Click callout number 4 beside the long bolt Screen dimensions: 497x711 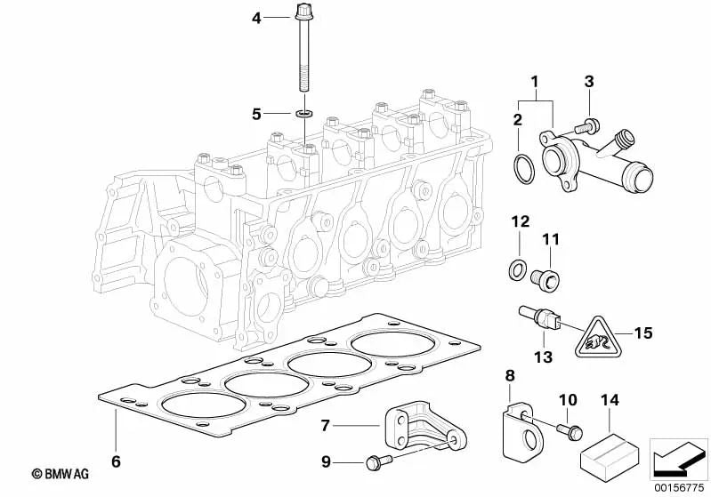pos(256,17)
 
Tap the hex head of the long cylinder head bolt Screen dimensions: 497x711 pos(299,13)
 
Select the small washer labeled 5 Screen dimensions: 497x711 pos(305,114)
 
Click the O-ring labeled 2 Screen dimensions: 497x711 pos(525,166)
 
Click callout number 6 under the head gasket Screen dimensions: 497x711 pos(115,461)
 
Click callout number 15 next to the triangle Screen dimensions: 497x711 pos(643,333)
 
